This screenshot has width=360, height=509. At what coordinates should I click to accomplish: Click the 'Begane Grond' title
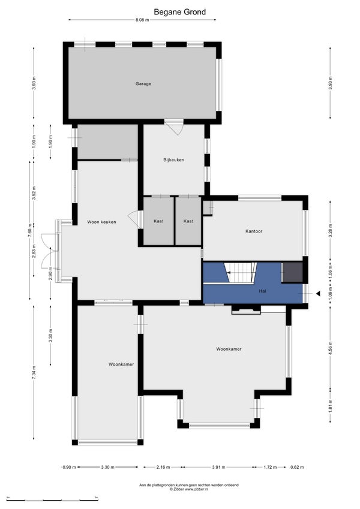[x=179, y=12]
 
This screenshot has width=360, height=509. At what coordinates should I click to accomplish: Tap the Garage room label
[x=143, y=84]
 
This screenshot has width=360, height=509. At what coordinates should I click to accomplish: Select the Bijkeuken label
[x=174, y=159]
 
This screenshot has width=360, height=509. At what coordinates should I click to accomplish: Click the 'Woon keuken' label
[x=101, y=222]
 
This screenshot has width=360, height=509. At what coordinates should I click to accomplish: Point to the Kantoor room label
[x=254, y=231]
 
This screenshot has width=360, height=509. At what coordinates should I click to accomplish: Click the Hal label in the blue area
[x=263, y=291]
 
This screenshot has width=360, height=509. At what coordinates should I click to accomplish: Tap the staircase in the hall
[x=241, y=272]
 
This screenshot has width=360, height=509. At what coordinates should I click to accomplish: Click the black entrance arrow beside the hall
[x=318, y=293]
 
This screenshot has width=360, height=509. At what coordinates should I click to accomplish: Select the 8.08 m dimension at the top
[x=142, y=20]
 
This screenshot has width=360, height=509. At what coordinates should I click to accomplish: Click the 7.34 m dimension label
[x=34, y=372]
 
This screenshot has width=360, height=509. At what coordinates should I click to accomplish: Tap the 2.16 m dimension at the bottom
[x=163, y=467]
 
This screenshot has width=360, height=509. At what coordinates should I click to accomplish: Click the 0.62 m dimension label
[x=296, y=467]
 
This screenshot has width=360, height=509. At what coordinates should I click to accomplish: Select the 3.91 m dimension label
[x=218, y=467]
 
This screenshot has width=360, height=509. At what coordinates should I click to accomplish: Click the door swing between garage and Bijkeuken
[x=175, y=127]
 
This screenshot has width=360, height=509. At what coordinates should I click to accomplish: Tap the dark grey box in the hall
[x=292, y=272]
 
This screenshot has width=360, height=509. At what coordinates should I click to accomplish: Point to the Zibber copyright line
[x=189, y=489]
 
